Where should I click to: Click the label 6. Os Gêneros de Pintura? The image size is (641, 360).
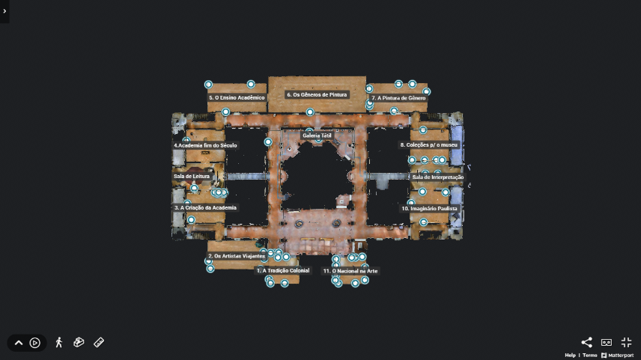pos(317,95)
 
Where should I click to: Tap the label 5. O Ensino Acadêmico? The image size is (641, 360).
pos(237,97)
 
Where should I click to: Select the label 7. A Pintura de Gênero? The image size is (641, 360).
pos(398,98)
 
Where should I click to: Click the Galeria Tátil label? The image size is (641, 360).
pos(318,135)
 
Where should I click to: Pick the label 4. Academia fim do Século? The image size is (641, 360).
pos(205,145)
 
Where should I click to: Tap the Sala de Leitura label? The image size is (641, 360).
pos(192,177)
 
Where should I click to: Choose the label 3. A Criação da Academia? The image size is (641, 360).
pos(205,207)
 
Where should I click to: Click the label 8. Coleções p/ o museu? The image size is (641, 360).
pos(429,145)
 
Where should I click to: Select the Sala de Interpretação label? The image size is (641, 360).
pos(438,177)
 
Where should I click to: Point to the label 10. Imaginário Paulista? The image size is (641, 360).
pos(429,208)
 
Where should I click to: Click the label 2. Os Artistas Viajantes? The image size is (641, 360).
pos(237,256)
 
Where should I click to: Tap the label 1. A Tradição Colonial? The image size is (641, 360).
pos(283,270)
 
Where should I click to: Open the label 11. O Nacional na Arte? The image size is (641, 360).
pos(350,271)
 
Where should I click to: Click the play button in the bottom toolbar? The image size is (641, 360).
pos(34,343)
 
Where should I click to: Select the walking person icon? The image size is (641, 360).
pos(59,343)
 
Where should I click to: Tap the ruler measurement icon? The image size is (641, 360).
pos(99,343)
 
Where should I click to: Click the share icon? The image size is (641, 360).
pos(586,343)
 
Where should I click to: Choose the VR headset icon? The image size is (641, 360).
pos(607,343)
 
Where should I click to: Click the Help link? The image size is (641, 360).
pos(571,356)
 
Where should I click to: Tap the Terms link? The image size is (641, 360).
pos(590,356)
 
